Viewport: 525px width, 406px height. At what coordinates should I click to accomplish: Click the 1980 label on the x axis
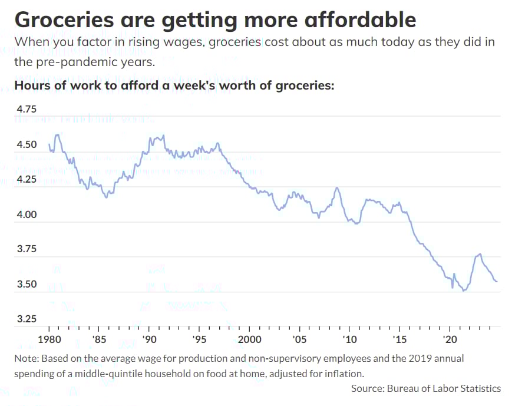(49, 339)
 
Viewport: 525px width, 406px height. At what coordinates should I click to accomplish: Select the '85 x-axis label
(100, 339)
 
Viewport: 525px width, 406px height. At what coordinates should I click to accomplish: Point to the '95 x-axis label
(200, 339)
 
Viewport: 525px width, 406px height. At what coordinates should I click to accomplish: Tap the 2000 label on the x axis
(250, 339)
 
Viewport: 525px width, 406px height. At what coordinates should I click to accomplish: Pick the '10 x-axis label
(350, 339)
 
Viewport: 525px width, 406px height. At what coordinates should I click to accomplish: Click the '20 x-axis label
(450, 339)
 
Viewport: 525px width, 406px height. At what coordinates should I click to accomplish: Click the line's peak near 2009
(336, 188)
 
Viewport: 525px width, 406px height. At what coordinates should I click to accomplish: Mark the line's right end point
(497, 281)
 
